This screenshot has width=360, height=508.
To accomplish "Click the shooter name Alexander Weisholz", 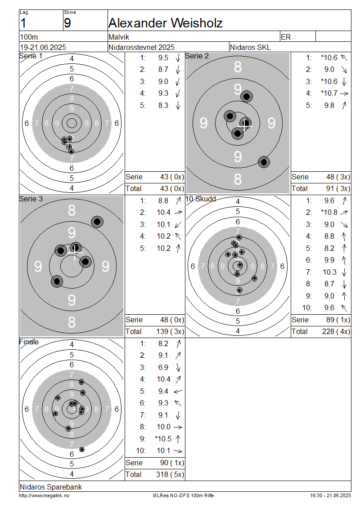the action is click(166, 23).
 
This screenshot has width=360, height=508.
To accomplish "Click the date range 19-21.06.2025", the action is click(43, 47).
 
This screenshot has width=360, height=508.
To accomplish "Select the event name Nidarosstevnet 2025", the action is click(141, 47).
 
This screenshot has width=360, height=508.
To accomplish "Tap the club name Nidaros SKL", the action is click(250, 47).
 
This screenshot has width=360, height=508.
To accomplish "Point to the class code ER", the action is click(286, 37).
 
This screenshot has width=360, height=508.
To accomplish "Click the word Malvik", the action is click(119, 37).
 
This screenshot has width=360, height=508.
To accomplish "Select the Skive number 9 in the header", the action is click(67, 23).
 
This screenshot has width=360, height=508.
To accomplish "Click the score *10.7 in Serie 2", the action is click(329, 94).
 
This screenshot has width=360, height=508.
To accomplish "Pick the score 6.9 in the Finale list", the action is click(163, 367).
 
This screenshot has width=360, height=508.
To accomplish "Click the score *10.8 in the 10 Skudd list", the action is click(329, 212).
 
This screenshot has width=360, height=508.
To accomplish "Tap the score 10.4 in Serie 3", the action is click(163, 212).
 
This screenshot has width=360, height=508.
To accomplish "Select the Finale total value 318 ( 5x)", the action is click(170, 474).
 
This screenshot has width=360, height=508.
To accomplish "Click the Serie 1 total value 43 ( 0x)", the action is click(172, 188).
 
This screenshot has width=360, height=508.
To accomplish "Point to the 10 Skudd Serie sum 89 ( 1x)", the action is click(338, 320).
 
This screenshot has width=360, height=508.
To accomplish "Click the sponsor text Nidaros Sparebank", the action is click(51, 487).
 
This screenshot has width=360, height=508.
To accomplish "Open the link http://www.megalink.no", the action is click(44, 495).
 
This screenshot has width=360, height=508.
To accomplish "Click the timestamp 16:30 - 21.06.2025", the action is click(330, 495).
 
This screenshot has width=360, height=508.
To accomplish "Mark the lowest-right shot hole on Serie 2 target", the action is click(264, 162).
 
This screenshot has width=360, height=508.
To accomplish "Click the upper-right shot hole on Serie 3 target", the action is click(97, 222).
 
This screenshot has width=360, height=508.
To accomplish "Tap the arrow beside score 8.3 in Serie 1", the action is click(178, 106).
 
